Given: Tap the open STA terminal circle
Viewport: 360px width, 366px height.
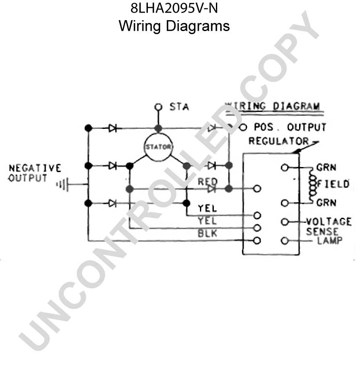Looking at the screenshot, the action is click(158, 107).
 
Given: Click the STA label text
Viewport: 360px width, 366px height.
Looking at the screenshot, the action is click(179, 107).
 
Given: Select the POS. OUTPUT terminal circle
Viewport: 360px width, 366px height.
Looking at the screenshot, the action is click(243, 128).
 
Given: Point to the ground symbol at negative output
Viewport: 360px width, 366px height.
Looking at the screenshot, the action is click(62, 185).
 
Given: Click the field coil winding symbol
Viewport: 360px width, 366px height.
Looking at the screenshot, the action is click(312, 185).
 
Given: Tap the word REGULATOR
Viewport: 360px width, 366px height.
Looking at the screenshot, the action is click(279, 141).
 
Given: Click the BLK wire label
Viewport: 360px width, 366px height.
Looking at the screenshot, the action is click(208, 233).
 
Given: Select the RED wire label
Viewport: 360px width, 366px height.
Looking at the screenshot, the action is click(208, 181).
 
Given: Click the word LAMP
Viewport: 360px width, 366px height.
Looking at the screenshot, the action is click(330, 240).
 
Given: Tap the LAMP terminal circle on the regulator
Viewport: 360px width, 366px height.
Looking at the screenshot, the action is click(285, 241).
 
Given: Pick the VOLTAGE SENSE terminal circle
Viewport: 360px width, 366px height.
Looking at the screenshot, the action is click(285, 222).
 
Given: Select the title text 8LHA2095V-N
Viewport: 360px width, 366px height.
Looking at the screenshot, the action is click(174, 8).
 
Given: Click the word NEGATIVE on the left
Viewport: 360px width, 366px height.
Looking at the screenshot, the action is click(35, 168).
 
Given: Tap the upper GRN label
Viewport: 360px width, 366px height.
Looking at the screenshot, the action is click(326, 167).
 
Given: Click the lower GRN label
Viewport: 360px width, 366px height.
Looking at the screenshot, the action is click(326, 203).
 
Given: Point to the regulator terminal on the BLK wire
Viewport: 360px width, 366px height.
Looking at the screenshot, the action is click(257, 228).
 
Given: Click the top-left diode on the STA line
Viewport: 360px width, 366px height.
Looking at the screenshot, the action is click(113, 128).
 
